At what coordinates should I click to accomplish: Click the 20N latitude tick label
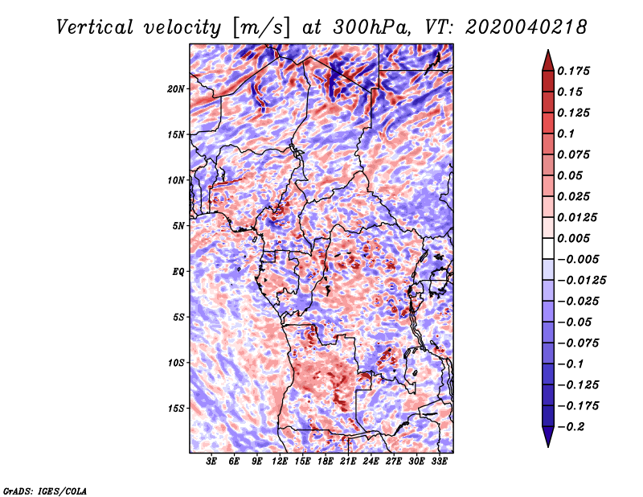176,89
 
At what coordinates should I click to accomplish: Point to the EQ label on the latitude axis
178,272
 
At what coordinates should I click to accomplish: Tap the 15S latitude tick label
176,409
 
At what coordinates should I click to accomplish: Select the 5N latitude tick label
178,226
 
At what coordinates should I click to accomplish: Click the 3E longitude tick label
211,462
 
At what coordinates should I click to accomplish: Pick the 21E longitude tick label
348,462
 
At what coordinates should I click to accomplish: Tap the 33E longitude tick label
439,462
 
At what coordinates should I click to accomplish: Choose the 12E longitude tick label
280,462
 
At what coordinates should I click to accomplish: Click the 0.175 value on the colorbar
573,71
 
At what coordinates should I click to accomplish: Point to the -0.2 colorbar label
571,427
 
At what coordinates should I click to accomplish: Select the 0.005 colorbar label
573,238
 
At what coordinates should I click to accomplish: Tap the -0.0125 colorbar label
581,281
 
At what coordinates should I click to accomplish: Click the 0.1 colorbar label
566,133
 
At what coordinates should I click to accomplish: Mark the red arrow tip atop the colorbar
548,51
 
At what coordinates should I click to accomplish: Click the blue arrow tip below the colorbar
548,446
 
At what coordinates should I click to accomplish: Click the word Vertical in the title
95,27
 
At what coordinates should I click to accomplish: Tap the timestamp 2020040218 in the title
526,27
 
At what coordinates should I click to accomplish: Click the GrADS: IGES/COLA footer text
45,491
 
